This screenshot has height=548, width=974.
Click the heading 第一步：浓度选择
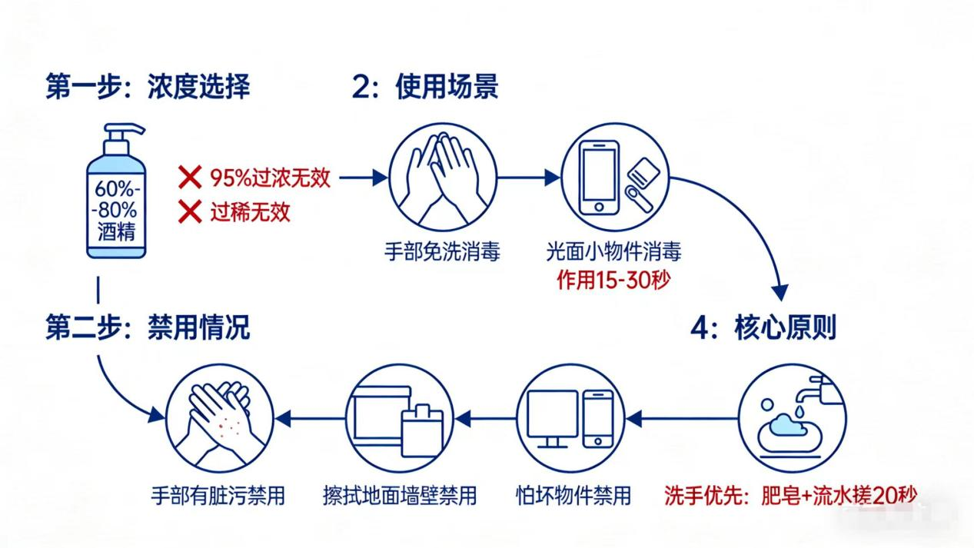(x=148, y=87)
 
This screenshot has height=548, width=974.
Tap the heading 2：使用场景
(x=425, y=87)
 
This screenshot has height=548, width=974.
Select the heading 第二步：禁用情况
(x=148, y=328)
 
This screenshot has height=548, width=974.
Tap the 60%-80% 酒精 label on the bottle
(x=116, y=209)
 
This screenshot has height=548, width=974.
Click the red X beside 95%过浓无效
(x=190, y=179)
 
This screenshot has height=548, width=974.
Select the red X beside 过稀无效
(x=190, y=211)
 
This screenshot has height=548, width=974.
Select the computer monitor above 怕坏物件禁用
(x=553, y=416)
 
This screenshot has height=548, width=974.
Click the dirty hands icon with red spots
(x=218, y=419)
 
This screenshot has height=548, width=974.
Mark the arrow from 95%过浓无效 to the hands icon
(x=362, y=178)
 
